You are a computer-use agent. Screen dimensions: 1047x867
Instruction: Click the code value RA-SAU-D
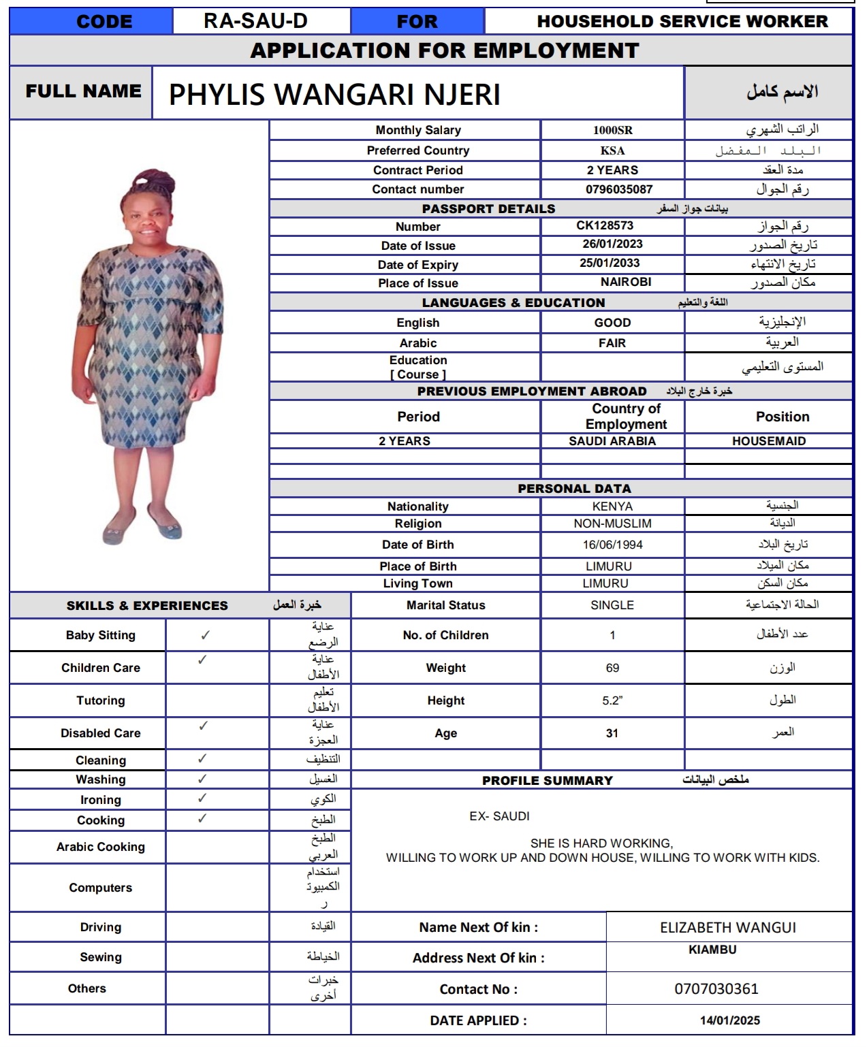tap(255, 21)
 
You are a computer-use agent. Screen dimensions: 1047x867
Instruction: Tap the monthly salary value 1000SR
tap(612, 130)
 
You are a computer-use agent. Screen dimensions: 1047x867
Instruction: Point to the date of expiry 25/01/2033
tap(610, 263)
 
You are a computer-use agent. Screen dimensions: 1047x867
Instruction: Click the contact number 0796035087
tap(618, 189)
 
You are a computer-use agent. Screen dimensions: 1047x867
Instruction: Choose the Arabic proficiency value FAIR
tap(612, 343)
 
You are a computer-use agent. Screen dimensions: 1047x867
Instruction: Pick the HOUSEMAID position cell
tap(768, 441)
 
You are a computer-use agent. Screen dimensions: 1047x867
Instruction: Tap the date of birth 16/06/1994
tap(612, 545)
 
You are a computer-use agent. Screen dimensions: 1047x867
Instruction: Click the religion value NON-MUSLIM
tap(612, 523)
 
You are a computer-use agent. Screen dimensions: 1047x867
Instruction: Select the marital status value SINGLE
tap(612, 605)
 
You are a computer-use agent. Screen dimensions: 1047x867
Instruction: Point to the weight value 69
tap(612, 668)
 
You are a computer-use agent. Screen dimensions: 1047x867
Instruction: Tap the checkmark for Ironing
tap(202, 798)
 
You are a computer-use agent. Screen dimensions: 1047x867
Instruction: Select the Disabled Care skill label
tap(101, 733)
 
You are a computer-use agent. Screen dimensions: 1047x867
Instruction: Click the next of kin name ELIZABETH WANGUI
tap(727, 927)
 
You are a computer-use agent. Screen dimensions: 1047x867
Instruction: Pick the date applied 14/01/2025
tap(729, 1020)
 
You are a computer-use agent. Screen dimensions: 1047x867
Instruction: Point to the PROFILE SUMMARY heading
tap(547, 781)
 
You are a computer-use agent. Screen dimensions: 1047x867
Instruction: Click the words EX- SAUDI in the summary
tap(499, 816)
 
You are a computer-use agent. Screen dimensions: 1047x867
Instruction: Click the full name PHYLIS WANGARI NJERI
tap(334, 95)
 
